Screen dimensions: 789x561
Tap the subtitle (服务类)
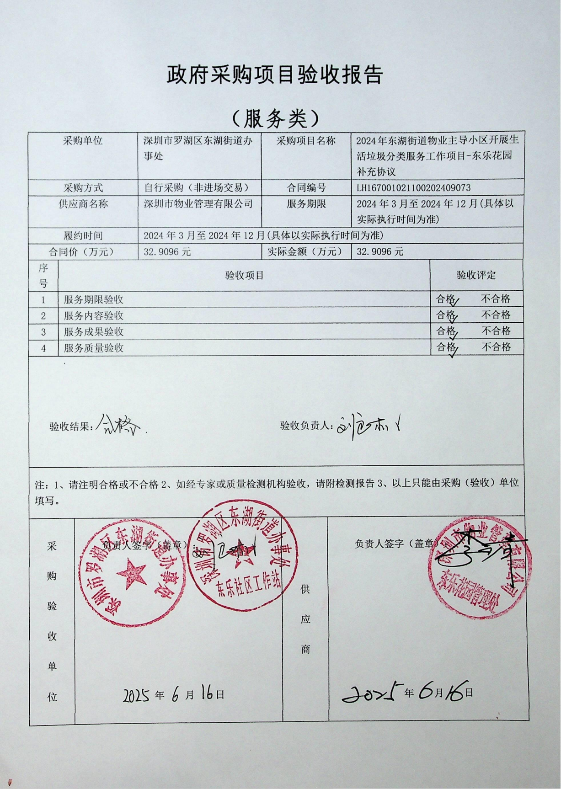pos(274,119)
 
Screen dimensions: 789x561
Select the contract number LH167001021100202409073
pos(413,188)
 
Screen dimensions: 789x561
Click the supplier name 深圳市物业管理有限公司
pos(198,204)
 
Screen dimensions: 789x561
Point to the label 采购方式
pos(83,188)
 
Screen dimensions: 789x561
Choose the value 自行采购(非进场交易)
pos(196,188)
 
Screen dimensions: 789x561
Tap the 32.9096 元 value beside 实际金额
pos(380,252)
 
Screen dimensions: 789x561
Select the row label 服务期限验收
pos(93,300)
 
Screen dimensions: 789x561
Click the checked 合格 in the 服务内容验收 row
pos(447,315)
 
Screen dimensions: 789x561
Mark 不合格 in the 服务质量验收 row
pos(496,347)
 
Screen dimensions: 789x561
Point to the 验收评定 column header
pos(476,275)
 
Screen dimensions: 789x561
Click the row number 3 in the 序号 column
pos(43,332)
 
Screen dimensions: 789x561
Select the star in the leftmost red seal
pos(131,575)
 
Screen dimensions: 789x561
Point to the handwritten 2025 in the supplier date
pos(373,694)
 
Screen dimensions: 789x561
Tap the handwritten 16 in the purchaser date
pos(207,694)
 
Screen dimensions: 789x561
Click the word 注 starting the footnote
pos(39,484)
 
